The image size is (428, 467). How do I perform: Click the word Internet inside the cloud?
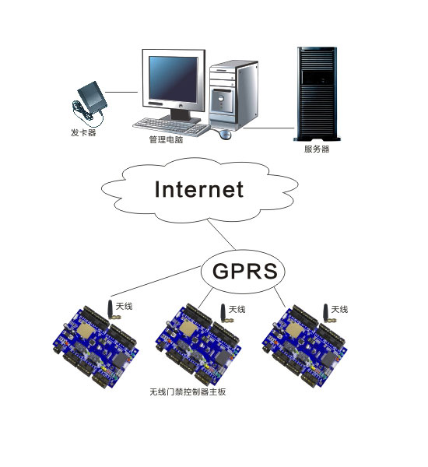(x=199, y=189)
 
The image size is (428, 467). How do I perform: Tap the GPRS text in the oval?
(x=245, y=271)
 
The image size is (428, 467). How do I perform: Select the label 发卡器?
(x=83, y=132)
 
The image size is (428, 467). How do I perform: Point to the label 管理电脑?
(x=166, y=139)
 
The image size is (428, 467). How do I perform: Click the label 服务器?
(x=317, y=149)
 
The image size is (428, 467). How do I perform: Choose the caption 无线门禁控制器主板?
(x=188, y=392)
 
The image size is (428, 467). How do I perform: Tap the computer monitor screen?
(x=174, y=79)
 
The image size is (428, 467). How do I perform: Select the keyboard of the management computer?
(x=171, y=127)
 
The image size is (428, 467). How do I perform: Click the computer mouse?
(x=225, y=135)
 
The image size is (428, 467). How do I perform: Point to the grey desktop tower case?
(x=233, y=95)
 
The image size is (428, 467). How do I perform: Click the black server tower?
(x=317, y=94)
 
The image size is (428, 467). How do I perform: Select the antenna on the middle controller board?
(x=226, y=314)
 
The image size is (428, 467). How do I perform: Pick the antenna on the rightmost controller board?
(x=328, y=314)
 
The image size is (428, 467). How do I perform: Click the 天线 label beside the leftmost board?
(x=124, y=306)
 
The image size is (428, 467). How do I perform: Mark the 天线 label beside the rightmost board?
(x=339, y=310)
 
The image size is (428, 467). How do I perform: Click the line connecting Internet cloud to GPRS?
(x=221, y=235)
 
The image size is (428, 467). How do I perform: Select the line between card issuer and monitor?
(x=121, y=92)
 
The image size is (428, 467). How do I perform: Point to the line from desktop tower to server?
(x=268, y=128)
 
